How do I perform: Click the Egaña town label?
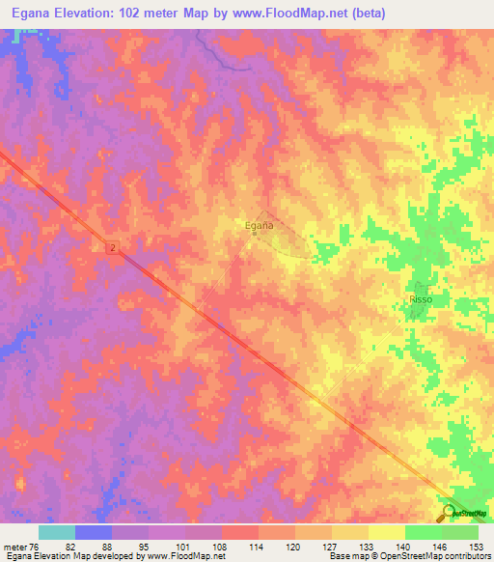[x=259, y=225]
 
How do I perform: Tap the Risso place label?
[x=421, y=300]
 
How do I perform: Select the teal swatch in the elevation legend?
[x=56, y=532]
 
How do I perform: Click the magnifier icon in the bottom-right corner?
[x=449, y=513]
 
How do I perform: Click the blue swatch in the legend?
[x=93, y=532]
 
